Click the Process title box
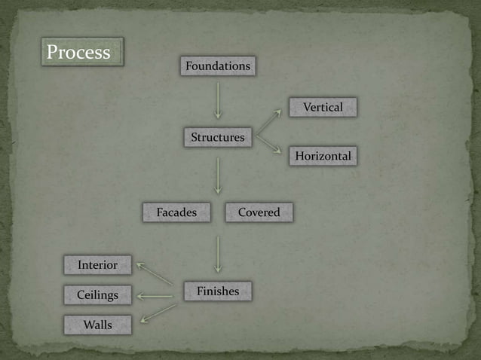[82, 52]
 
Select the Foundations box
[218, 66]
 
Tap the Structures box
[218, 137]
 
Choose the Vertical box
[323, 107]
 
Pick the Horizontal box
[323, 156]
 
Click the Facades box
[176, 212]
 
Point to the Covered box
[259, 212]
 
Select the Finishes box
[218, 291]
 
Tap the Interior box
[97, 264]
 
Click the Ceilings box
[97, 294]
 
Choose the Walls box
[97, 325]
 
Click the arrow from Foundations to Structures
[218, 100]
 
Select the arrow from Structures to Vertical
[268, 122]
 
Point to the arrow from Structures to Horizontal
[268, 145]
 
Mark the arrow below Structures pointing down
[218, 175]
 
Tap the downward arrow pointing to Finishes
[218, 254]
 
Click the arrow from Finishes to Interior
[155, 274]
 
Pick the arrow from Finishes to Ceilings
[155, 296]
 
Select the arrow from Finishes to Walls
[158, 313]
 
